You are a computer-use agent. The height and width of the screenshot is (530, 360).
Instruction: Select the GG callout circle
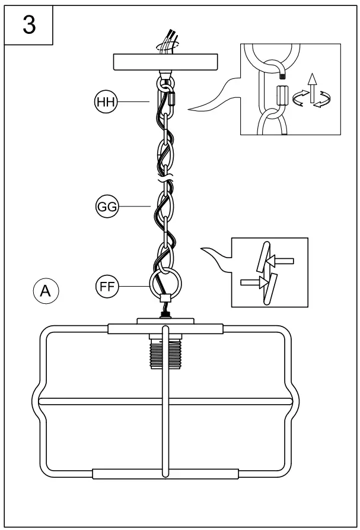pyautogui.click(x=107, y=207)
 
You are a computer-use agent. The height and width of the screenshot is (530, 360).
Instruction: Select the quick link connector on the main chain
pyautogui.click(x=170, y=96)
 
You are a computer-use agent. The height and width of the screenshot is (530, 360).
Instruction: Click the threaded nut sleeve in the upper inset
pyautogui.click(x=282, y=94)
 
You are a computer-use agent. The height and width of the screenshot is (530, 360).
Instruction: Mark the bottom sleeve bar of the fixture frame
pyautogui.click(x=165, y=474)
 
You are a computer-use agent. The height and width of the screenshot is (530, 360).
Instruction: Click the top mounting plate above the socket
pyautogui.click(x=165, y=322)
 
